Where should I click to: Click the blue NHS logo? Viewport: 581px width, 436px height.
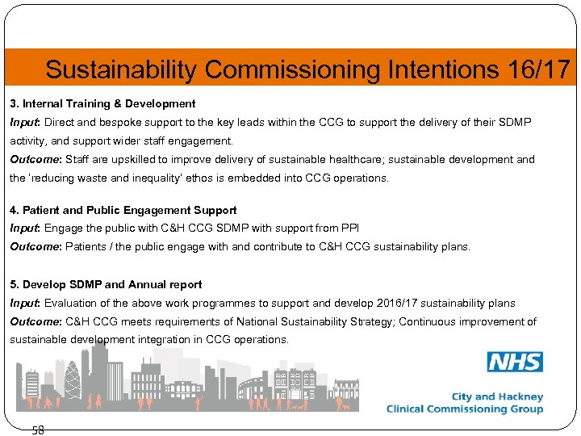pos(515,362)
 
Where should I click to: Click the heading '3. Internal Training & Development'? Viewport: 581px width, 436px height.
pos(102,104)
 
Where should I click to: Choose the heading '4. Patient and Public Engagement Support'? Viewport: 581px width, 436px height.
pos(123,210)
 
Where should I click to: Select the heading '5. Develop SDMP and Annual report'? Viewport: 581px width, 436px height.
pos(106,284)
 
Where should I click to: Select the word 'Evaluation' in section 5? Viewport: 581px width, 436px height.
pos(70,303)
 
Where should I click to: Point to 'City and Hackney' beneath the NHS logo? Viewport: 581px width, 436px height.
pos(497,396)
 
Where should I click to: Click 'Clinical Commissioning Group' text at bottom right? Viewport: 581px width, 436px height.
pos(465,409)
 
